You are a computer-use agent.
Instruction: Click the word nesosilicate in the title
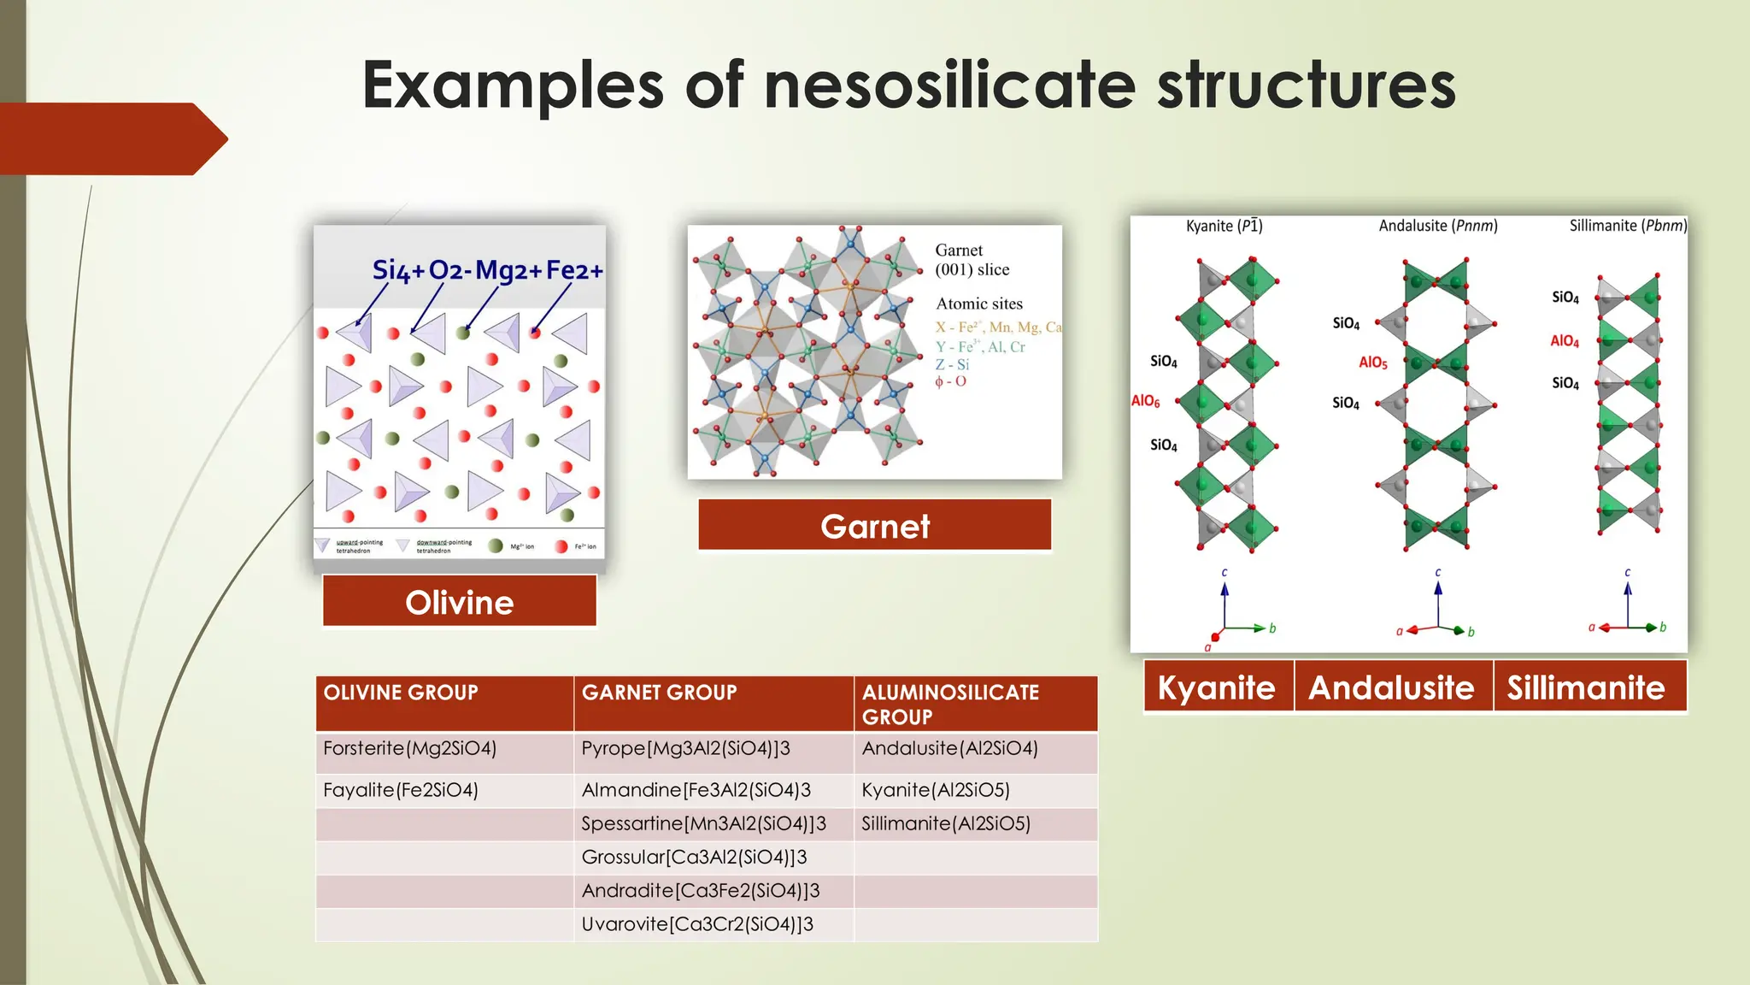click(x=949, y=86)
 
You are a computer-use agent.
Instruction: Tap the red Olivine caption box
click(x=459, y=602)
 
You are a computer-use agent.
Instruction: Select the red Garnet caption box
click(x=874, y=526)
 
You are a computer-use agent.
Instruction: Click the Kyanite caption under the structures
click(x=1217, y=687)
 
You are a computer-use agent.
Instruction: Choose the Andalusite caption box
click(x=1392, y=687)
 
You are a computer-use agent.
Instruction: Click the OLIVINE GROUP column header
click(x=401, y=693)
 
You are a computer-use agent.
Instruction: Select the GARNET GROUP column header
click(x=659, y=693)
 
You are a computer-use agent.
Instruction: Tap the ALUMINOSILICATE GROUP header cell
click(x=950, y=704)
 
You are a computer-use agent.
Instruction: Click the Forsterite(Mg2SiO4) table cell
click(x=410, y=748)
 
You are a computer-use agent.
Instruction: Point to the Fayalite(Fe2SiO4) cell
click(x=401, y=790)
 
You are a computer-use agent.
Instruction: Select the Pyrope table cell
click(x=686, y=748)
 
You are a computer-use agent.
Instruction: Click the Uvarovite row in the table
click(x=697, y=924)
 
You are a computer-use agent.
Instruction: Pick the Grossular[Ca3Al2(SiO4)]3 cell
click(x=694, y=857)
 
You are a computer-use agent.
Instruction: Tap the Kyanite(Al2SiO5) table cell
click(x=936, y=790)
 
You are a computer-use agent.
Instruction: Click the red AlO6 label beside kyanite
click(x=1146, y=401)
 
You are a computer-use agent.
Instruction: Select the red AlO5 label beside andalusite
click(x=1373, y=363)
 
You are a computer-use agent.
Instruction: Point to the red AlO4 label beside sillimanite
click(x=1565, y=341)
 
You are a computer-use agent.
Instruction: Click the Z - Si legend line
click(x=952, y=364)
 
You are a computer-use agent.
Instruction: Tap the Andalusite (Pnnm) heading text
click(x=1438, y=226)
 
